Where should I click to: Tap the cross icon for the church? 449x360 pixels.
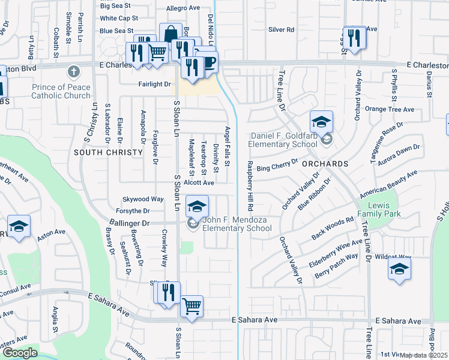tap(74, 72)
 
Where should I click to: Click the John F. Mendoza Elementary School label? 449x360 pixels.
tap(237, 224)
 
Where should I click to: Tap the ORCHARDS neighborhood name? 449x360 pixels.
tap(325, 163)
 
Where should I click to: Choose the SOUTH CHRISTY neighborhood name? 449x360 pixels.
tap(109, 152)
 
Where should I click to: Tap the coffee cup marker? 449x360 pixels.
tap(208, 62)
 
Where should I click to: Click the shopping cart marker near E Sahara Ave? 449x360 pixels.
tap(191, 306)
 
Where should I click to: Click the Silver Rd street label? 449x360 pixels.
tap(281, 29)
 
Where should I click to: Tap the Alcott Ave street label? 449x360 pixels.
tap(199, 182)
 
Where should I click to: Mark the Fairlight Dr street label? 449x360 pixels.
tap(154, 85)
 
